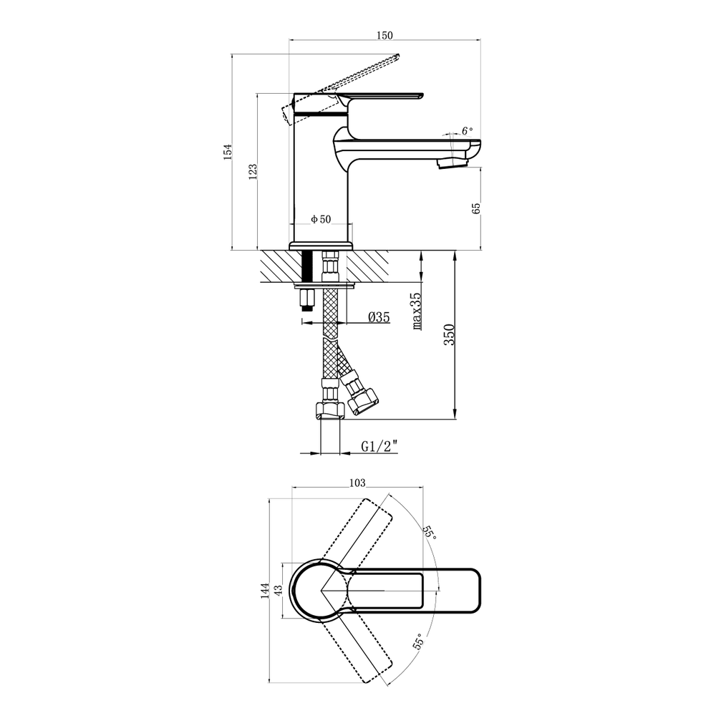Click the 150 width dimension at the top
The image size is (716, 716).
coord(385,35)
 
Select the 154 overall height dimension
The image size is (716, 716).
coord(228,152)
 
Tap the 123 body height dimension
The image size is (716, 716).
coord(253,171)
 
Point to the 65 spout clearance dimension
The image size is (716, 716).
coord(476,208)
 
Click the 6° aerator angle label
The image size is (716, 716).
coord(467,130)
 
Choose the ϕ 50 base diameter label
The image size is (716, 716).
coord(321,219)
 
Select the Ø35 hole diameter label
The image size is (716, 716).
coord(379,317)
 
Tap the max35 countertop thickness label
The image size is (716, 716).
coord(417,311)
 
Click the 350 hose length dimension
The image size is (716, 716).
coord(450,334)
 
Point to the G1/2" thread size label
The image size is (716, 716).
coord(379,446)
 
